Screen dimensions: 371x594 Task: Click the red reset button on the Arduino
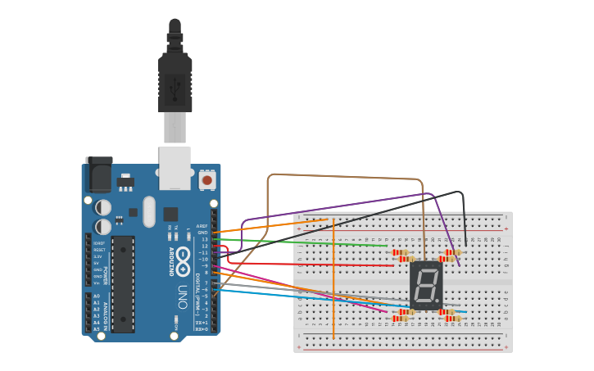click(206, 179)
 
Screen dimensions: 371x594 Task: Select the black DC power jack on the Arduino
click(98, 174)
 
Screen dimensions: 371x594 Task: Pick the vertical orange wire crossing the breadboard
click(333, 278)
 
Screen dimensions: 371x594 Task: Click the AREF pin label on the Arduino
click(202, 226)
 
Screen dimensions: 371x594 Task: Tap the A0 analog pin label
click(96, 296)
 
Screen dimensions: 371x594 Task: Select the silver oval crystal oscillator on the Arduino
click(148, 211)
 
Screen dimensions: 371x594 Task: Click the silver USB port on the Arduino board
click(175, 167)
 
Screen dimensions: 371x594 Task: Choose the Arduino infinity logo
click(181, 253)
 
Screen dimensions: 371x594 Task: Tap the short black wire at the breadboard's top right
click(464, 217)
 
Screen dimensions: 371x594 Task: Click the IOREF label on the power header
click(98, 243)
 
